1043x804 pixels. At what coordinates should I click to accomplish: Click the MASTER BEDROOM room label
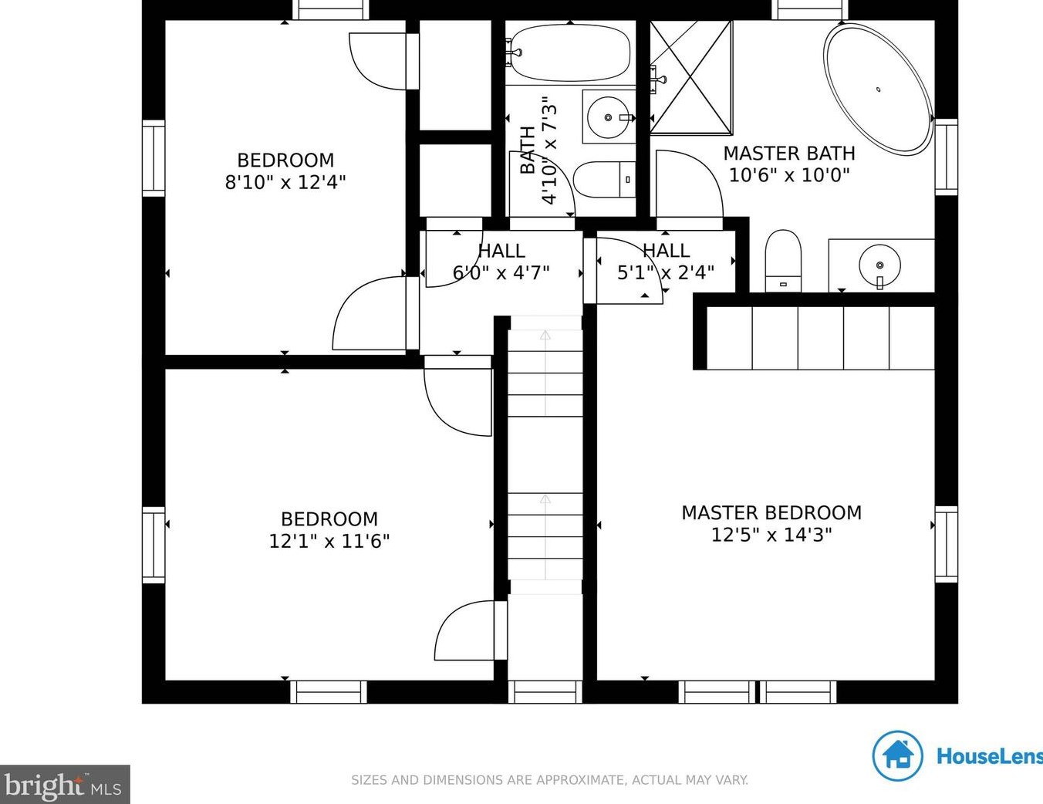point(771,513)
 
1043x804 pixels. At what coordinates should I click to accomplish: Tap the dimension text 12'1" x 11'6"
point(329,542)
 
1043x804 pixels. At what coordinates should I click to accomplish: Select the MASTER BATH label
point(789,154)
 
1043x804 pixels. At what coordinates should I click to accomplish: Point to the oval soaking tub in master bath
point(879,90)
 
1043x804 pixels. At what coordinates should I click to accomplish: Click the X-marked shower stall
point(691,77)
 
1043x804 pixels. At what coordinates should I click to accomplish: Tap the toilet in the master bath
point(783,261)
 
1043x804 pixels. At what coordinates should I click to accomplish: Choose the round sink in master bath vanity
point(879,265)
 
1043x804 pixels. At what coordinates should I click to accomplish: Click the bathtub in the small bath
point(570,52)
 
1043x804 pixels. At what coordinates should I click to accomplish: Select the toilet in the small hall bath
point(604,180)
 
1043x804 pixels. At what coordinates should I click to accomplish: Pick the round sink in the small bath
point(608,117)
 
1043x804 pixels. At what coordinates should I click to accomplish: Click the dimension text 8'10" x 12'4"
point(285,182)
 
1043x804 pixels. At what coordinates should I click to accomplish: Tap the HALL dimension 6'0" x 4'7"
point(501,273)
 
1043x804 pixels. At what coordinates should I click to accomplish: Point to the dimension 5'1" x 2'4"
point(666,272)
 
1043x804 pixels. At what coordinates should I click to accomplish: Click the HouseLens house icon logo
point(897,757)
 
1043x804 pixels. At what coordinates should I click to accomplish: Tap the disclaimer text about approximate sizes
point(549,780)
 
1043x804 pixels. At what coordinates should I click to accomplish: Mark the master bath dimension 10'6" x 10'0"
point(789,174)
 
